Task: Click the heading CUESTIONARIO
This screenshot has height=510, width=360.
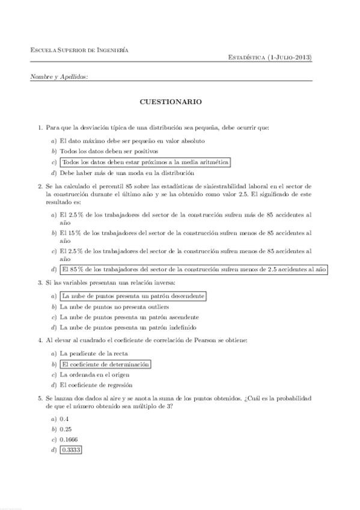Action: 171,102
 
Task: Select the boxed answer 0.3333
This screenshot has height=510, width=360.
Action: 71,449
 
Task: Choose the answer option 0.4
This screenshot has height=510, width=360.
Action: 65,419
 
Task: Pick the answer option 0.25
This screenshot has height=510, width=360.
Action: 67,429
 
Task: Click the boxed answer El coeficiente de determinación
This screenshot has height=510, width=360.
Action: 105,364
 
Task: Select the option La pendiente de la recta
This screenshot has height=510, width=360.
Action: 94,354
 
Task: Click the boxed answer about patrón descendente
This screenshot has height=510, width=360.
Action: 133,296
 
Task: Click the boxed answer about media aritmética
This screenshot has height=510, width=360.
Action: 145,162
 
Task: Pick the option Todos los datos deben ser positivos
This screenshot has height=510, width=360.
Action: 109,152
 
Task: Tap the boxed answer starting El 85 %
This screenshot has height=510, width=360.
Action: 194,269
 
